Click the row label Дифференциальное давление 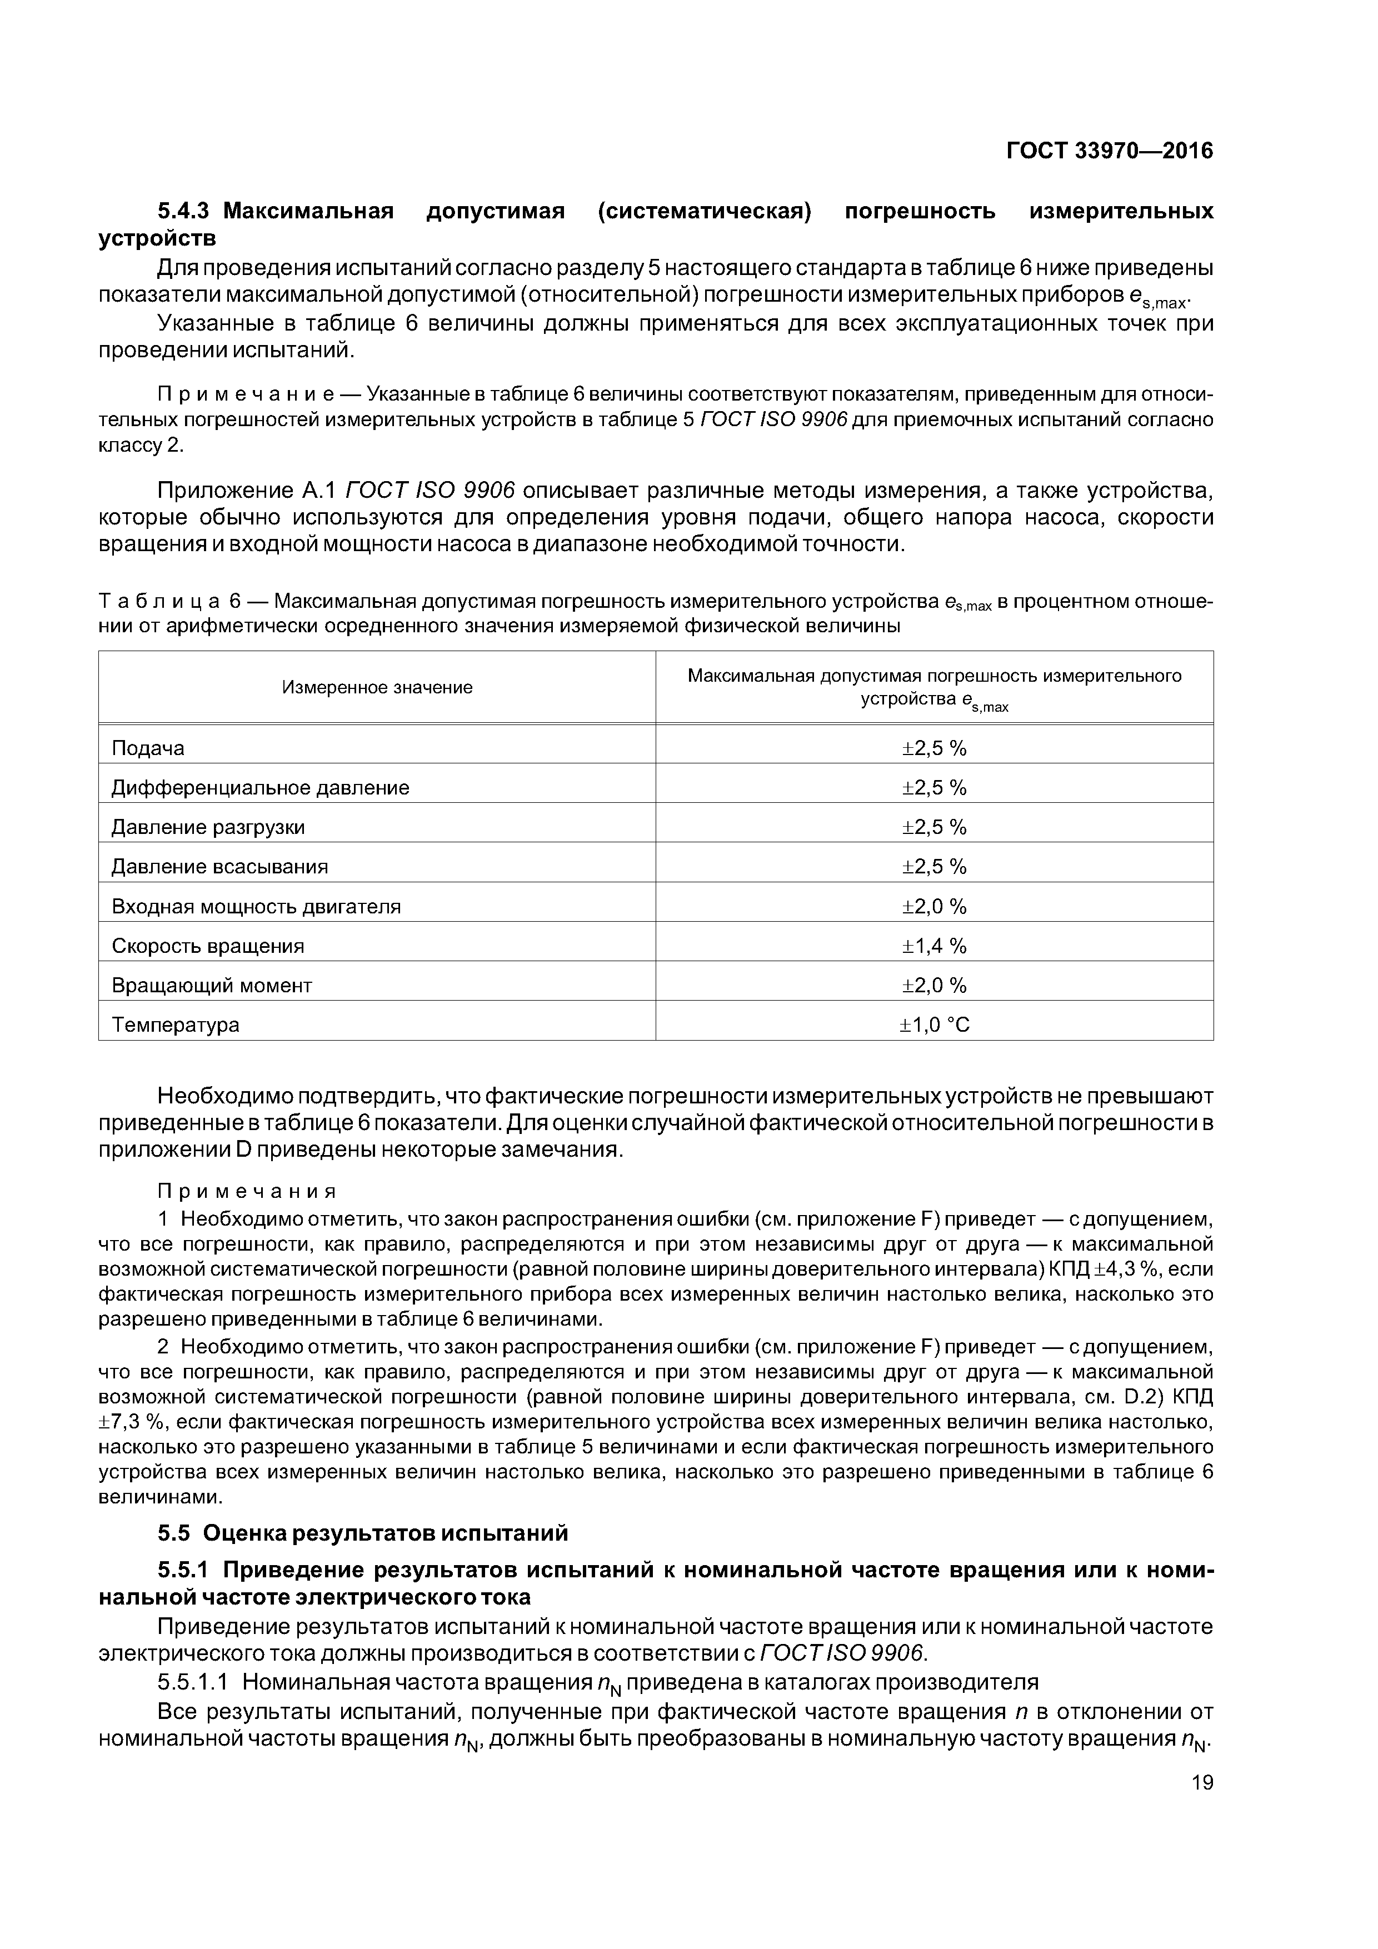[x=260, y=788]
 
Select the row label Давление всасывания [x=220, y=867]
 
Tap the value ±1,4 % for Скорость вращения [x=934, y=946]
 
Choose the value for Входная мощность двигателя [x=934, y=907]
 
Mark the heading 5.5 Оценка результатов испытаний [x=362, y=1533]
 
